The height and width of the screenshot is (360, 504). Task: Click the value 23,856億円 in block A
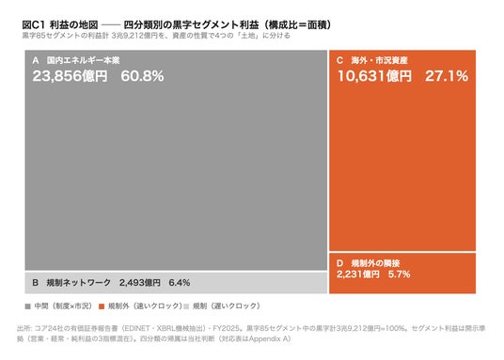(70, 76)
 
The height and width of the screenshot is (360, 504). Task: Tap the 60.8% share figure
(142, 76)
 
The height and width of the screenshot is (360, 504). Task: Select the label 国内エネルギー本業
(83, 60)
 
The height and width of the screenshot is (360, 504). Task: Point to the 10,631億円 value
(374, 76)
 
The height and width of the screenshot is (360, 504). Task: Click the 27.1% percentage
(447, 76)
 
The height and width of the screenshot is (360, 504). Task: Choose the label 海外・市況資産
(379, 60)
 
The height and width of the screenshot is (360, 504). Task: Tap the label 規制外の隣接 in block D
(375, 263)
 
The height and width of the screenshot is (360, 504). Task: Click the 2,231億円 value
(358, 274)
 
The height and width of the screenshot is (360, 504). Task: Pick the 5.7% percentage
(400, 274)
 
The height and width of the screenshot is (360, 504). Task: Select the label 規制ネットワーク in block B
(78, 283)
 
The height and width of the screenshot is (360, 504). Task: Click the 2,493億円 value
(140, 283)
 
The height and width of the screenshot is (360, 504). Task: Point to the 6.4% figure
(180, 283)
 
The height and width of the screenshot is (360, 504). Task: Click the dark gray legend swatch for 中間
(27, 306)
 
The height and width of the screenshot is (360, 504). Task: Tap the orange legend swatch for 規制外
(102, 306)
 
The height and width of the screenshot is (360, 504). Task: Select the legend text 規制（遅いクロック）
(227, 306)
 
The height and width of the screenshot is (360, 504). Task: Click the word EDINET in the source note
(137, 328)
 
